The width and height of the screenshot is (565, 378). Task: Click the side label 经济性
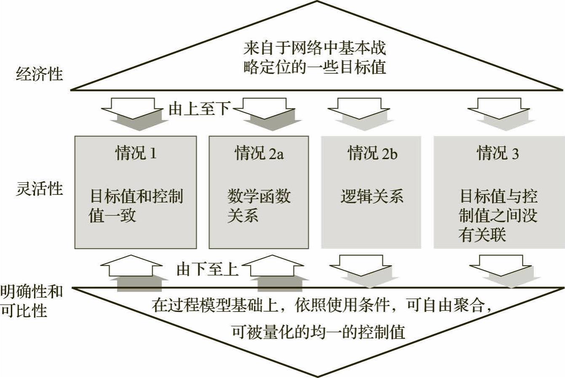coord(39,74)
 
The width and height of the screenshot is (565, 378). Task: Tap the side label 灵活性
coord(39,189)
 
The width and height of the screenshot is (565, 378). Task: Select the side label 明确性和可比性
coord(32,301)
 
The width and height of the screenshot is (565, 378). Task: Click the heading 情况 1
coord(136,154)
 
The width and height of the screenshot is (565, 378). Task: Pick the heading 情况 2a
coord(259,154)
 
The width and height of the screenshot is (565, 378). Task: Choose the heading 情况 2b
coord(372,154)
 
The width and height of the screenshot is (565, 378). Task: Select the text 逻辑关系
coord(372,197)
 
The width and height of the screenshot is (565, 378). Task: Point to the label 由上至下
coord(199,109)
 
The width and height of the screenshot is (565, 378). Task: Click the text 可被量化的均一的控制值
coord(318,332)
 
